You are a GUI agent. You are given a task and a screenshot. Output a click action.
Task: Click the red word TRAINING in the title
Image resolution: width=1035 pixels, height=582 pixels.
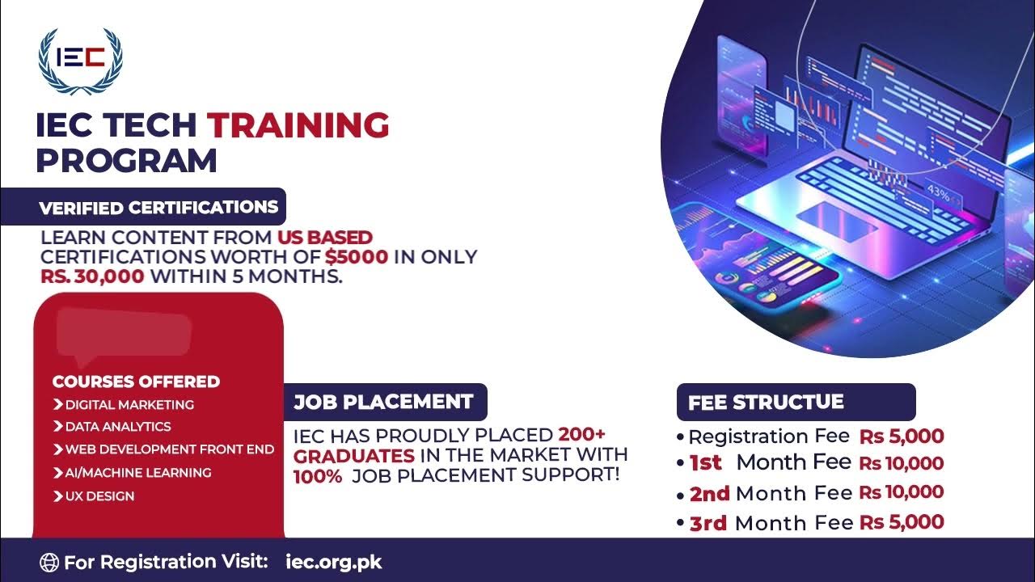click(x=298, y=125)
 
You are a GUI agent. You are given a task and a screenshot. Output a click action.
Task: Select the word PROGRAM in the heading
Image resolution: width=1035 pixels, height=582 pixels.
click(x=126, y=160)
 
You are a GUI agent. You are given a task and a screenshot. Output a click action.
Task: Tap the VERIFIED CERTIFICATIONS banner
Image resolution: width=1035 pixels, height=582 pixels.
click(x=158, y=207)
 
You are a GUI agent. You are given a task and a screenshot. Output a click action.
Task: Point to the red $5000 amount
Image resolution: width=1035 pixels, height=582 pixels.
click(x=357, y=258)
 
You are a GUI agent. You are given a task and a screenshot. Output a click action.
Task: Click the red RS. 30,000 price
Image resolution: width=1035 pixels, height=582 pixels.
click(x=93, y=277)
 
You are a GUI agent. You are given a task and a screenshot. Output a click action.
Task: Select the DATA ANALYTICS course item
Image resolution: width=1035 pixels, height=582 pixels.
click(x=118, y=426)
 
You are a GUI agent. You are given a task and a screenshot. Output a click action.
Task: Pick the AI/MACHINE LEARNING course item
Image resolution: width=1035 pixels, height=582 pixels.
click(x=138, y=472)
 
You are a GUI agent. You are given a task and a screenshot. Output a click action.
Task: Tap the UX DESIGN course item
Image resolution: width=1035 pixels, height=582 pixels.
click(x=99, y=496)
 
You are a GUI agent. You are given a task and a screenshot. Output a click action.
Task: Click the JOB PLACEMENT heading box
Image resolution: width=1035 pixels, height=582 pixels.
click(x=384, y=402)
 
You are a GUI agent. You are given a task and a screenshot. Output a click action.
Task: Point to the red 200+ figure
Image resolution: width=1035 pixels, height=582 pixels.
click(x=581, y=434)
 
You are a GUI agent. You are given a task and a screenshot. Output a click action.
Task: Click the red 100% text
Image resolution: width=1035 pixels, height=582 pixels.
click(x=318, y=476)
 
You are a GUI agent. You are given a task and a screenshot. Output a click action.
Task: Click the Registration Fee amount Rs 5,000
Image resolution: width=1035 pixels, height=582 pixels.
click(x=902, y=436)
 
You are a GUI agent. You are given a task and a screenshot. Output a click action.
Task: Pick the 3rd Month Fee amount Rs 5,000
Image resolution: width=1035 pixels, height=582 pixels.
click(x=902, y=523)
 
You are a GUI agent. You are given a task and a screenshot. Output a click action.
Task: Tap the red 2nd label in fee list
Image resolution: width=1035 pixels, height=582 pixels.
click(x=709, y=493)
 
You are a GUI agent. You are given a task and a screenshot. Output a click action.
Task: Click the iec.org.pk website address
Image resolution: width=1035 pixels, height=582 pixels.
click(x=334, y=561)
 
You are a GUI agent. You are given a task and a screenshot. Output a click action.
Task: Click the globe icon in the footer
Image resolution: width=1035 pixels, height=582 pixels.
click(x=49, y=562)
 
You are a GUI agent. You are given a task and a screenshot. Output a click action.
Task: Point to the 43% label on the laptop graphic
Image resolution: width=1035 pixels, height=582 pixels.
click(x=939, y=193)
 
